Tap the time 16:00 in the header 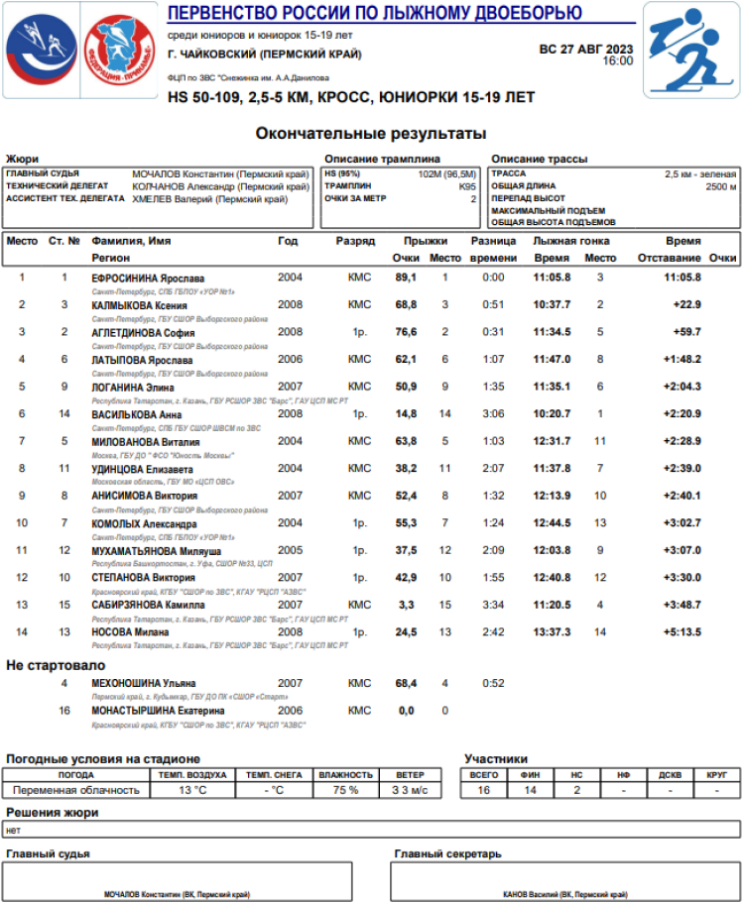[617, 60]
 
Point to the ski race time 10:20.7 [552, 413]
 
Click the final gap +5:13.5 [682, 631]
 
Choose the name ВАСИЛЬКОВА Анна [137, 413]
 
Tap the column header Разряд [355, 241]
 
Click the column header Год [288, 241]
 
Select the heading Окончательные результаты [371, 133]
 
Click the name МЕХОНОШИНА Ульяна [144, 683]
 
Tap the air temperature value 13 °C [193, 790]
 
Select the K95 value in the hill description [466, 185]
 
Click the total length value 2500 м [719, 185]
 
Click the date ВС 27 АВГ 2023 [585, 48]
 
